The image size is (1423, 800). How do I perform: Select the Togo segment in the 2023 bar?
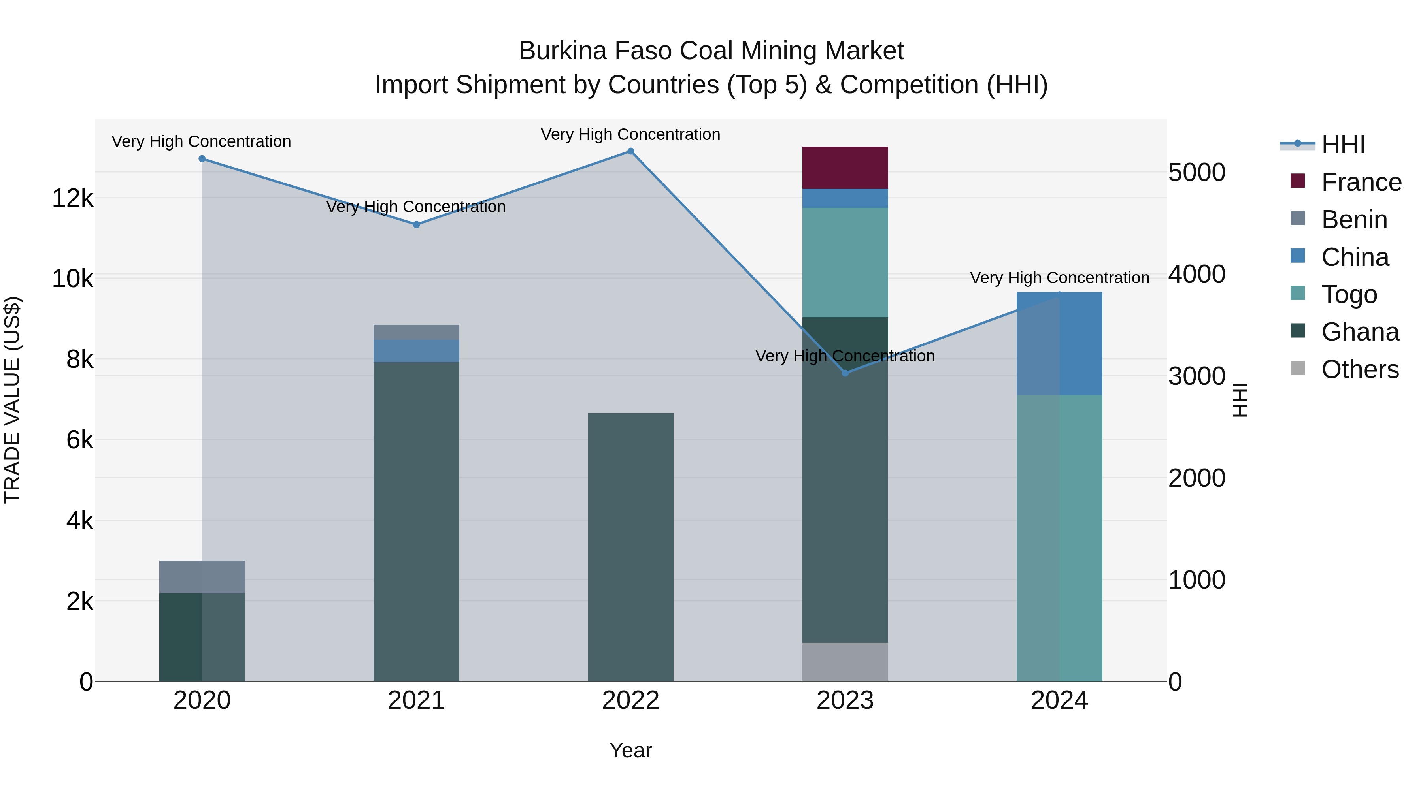point(845,262)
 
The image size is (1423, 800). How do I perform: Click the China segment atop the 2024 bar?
point(1059,343)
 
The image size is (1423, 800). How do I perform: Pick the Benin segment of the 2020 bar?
point(202,576)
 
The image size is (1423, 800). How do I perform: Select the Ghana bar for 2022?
point(630,547)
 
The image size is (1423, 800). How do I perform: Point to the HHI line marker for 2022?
point(630,151)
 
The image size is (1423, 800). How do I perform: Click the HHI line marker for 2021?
point(417,225)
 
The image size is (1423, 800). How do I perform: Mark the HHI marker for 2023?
point(845,373)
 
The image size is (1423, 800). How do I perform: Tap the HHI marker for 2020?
point(202,159)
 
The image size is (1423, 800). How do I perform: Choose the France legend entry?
point(1361,182)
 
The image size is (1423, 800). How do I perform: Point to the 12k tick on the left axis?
point(72,198)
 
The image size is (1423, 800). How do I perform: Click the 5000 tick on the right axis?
point(1197,172)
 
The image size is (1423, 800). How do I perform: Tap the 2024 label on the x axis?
point(1059,700)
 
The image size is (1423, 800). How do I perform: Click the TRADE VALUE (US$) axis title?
point(12,400)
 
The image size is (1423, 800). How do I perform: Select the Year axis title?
point(630,750)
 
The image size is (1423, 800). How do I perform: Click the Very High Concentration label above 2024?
point(1059,278)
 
